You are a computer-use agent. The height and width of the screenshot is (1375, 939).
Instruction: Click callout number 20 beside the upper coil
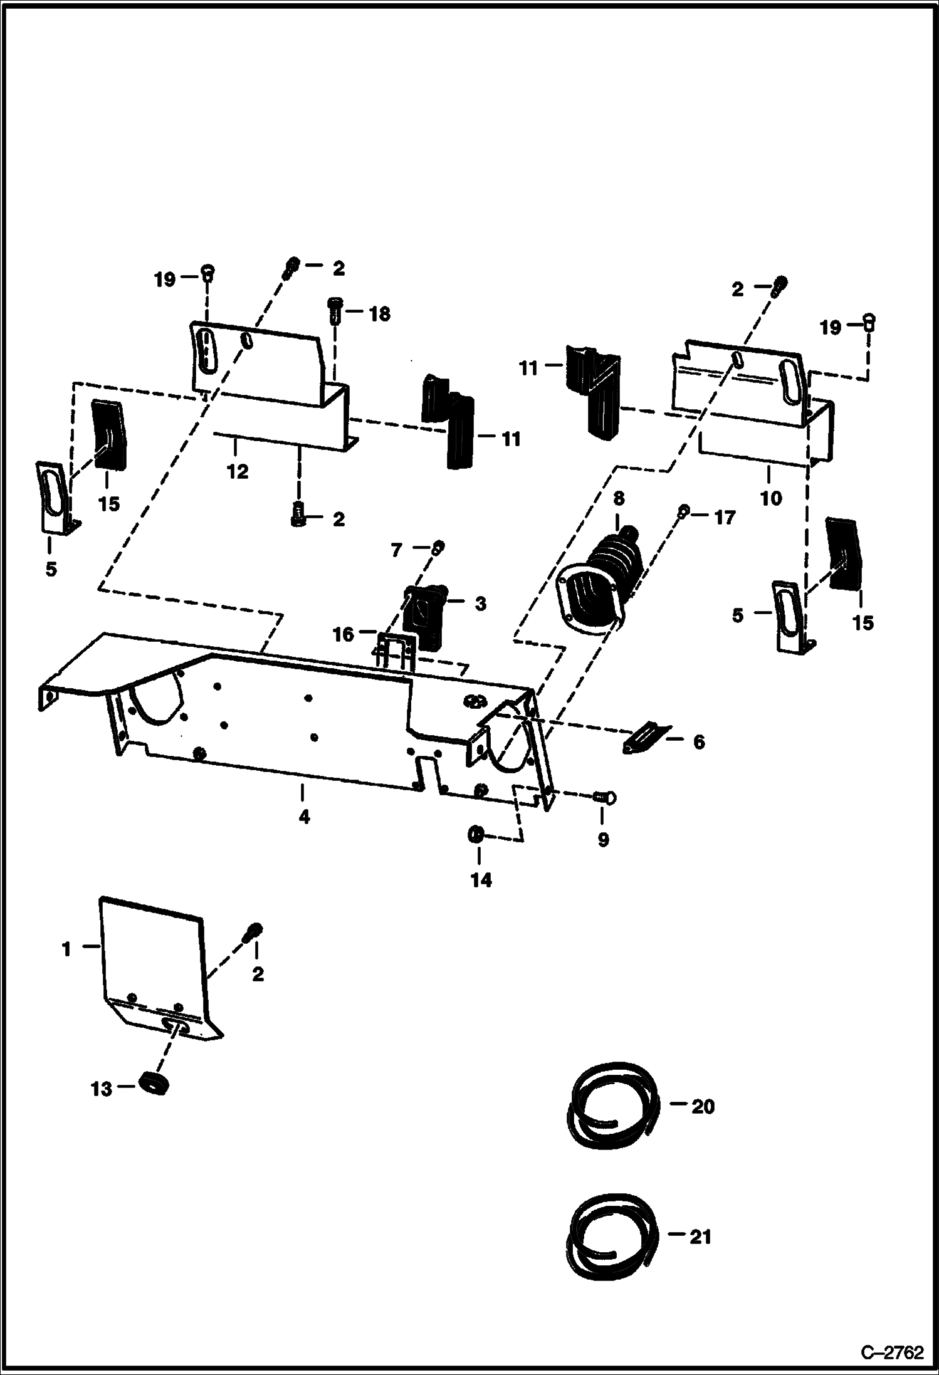coord(703,1107)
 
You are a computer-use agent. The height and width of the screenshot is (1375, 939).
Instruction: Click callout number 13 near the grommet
coord(101,1089)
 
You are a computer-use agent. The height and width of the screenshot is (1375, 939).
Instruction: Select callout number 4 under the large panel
coord(304,817)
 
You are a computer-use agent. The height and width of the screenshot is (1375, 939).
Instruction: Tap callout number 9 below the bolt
coord(602,840)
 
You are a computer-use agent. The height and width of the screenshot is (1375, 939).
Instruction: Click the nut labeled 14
coord(476,835)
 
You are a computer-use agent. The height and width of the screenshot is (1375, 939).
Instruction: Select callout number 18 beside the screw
coord(379,313)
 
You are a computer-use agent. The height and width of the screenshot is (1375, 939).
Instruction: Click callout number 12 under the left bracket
coord(238,471)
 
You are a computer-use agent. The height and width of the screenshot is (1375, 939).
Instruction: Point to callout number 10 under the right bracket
coord(771,498)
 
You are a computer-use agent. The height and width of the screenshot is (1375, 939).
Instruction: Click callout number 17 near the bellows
coord(724,518)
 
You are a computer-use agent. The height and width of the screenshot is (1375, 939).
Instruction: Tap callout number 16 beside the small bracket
coord(344,635)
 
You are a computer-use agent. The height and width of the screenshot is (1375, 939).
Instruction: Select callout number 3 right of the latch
coord(480,604)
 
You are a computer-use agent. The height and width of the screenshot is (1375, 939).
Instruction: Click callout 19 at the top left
coord(165,280)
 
